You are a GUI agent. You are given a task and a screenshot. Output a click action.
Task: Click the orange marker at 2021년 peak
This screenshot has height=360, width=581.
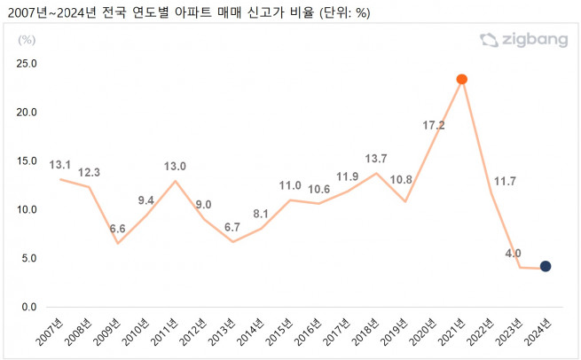click(461, 80)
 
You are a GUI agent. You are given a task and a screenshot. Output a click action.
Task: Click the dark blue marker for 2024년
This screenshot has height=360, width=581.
click(546, 266)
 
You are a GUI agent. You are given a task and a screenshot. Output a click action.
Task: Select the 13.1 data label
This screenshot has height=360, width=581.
click(61, 163)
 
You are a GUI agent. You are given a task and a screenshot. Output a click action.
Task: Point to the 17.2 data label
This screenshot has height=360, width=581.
click(434, 126)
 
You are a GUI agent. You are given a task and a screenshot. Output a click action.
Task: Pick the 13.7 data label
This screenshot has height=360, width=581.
click(377, 159)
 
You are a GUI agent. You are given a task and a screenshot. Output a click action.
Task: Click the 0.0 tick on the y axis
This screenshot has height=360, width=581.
click(30, 308)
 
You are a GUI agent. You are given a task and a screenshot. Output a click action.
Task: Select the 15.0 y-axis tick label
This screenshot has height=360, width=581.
click(27, 161)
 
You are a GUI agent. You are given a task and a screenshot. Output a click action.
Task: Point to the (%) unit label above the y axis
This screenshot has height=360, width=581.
click(27, 40)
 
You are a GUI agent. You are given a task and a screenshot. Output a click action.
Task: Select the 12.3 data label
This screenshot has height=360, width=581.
click(90, 171)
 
